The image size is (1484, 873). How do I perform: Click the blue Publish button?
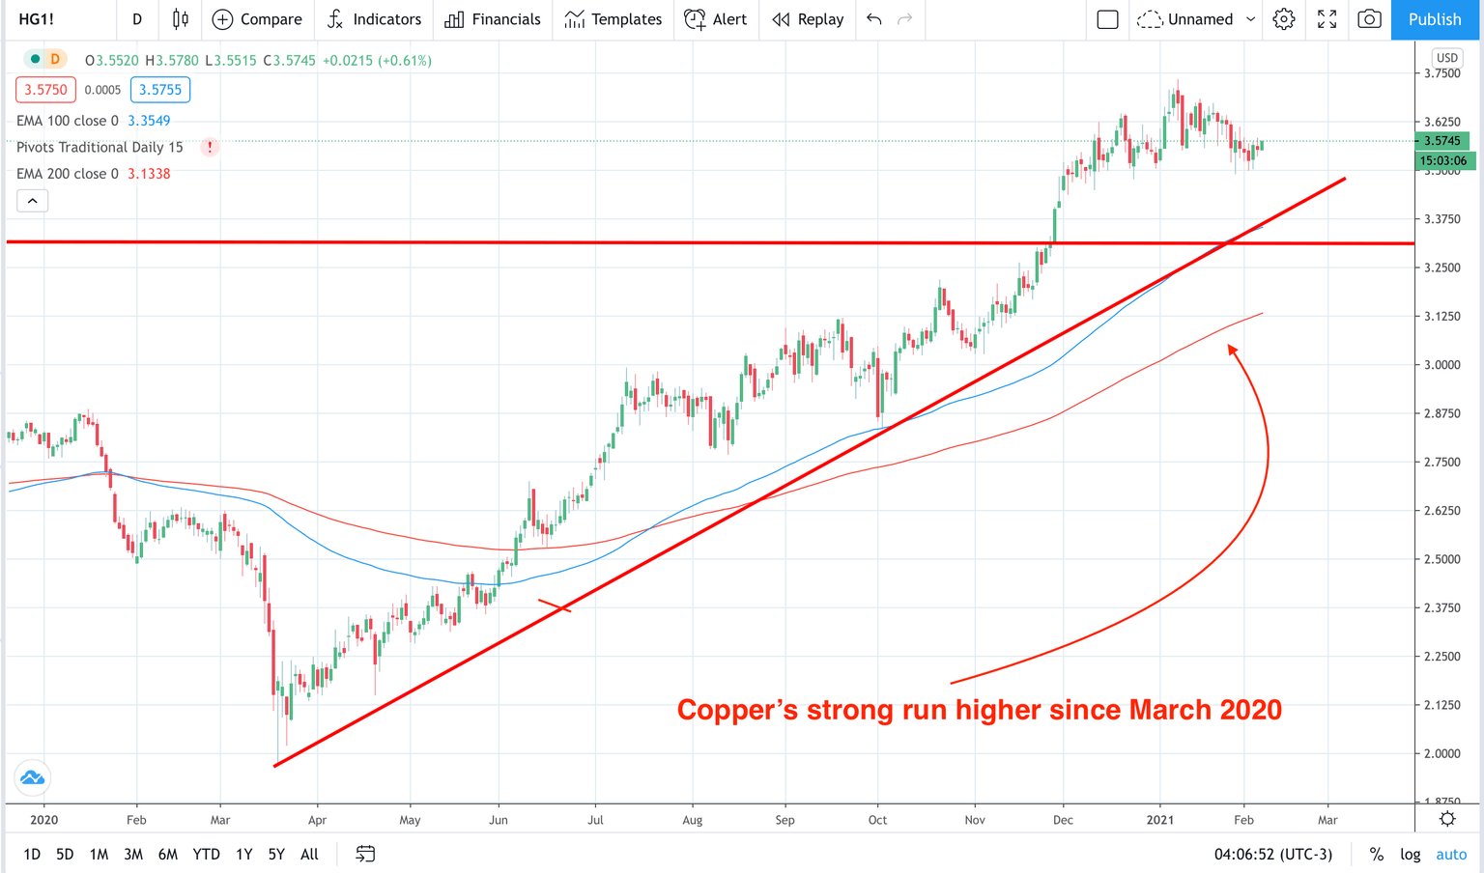pos(1434,19)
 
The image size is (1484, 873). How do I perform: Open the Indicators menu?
pos(374,19)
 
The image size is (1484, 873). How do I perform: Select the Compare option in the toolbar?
pos(257,19)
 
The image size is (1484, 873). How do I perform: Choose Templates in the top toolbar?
pos(614,19)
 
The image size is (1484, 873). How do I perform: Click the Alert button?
pos(716,19)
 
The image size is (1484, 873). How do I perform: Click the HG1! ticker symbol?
pos(37,19)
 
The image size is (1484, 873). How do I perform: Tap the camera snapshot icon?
pos(1369,19)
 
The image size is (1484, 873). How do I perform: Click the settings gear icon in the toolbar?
pos(1284,19)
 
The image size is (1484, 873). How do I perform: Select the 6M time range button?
pos(168,854)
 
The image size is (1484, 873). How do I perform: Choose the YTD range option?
pos(206,854)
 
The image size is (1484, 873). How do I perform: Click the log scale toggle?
pos(1411,854)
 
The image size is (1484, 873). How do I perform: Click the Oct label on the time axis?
pos(877,820)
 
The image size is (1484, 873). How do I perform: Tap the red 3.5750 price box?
pos(45,90)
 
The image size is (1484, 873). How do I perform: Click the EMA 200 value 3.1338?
pos(149,174)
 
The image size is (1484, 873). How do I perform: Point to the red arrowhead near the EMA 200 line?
pos(1233,351)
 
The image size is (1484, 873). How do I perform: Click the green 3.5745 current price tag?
pos(1442,141)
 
